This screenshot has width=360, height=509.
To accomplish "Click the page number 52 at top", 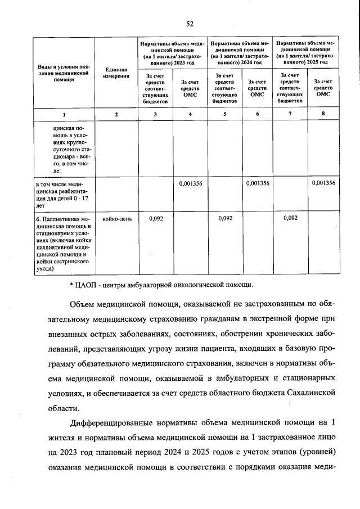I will pyautogui.click(x=190, y=23).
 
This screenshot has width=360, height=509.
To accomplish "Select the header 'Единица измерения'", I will pyautogui.click(x=116, y=73).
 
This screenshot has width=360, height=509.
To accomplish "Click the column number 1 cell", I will pyautogui.click(x=64, y=115).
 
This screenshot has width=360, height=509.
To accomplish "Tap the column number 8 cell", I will pyautogui.click(x=323, y=115).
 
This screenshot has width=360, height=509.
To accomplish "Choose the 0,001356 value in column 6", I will pyautogui.click(x=257, y=183).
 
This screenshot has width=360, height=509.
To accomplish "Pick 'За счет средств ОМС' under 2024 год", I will pyautogui.click(x=257, y=88).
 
